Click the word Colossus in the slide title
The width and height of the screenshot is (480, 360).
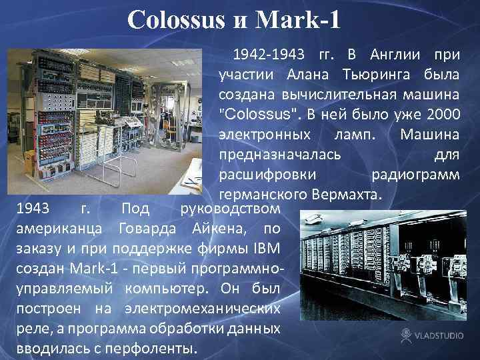tap(175, 19)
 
